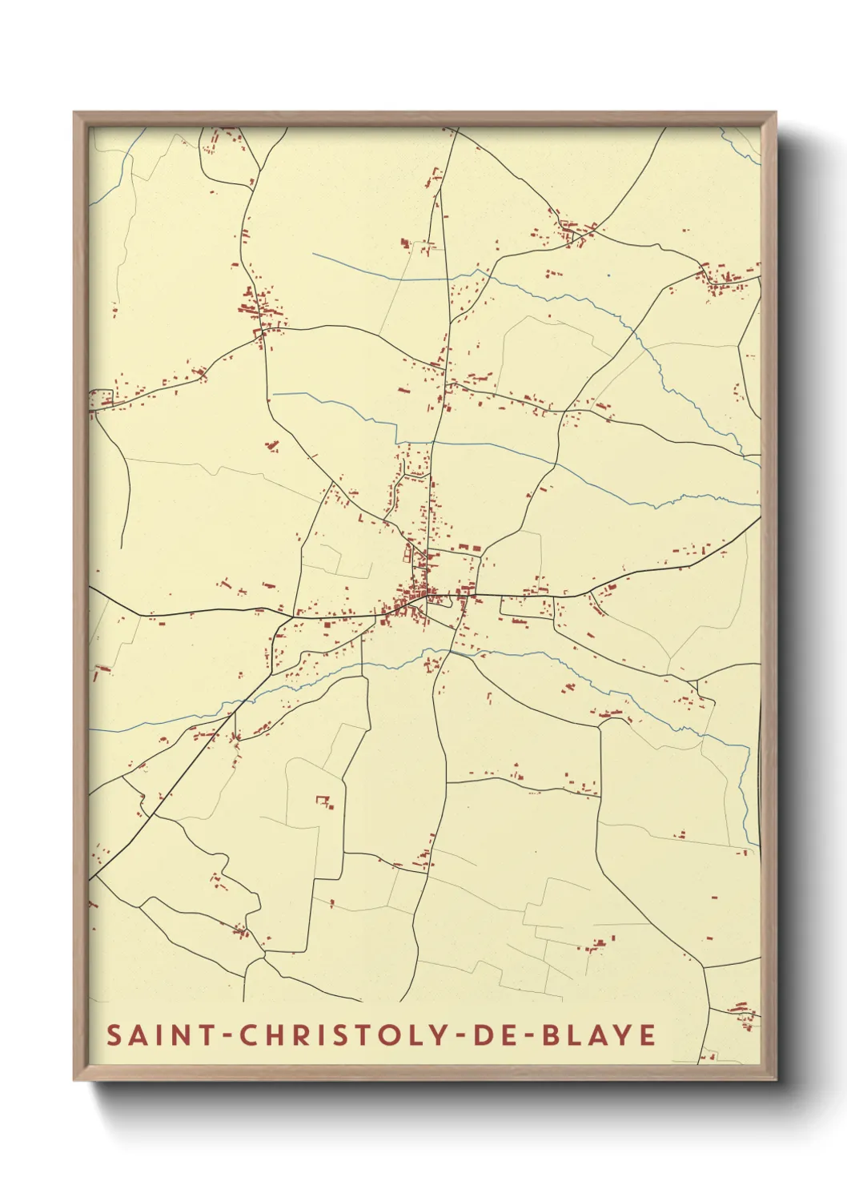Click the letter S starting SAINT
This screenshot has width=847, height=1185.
point(114,1034)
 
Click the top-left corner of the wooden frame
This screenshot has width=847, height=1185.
point(74,113)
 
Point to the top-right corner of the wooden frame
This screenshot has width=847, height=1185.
point(776,113)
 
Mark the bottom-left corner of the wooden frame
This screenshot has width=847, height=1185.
point(74,1079)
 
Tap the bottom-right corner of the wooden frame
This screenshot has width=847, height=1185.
point(776,1079)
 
